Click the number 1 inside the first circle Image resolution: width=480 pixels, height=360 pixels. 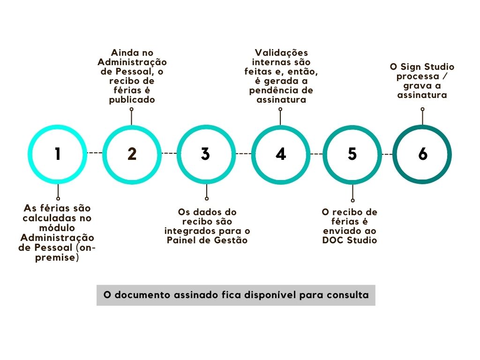click(58, 154)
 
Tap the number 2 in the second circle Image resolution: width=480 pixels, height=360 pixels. click(132, 154)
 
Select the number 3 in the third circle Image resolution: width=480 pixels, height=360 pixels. click(205, 154)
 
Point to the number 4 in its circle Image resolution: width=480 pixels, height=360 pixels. click(280, 154)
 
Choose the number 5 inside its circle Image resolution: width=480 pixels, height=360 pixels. click(352, 154)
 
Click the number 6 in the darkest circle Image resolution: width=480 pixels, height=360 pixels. click(423, 154)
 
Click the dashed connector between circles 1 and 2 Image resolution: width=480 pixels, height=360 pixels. click(95, 153)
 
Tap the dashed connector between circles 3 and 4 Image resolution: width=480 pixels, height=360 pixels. click(243, 153)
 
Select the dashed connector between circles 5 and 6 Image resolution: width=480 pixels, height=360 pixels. click(387, 154)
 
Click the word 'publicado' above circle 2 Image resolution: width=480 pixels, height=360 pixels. click(132, 100)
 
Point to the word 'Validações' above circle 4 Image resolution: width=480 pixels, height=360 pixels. click(281, 53)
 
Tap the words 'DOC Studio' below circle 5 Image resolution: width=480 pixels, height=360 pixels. click(350, 240)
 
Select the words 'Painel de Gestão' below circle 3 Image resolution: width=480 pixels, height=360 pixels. click(207, 240)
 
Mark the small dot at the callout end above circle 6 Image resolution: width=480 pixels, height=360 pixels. click(422, 109)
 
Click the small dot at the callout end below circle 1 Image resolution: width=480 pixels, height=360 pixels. click(58, 198)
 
